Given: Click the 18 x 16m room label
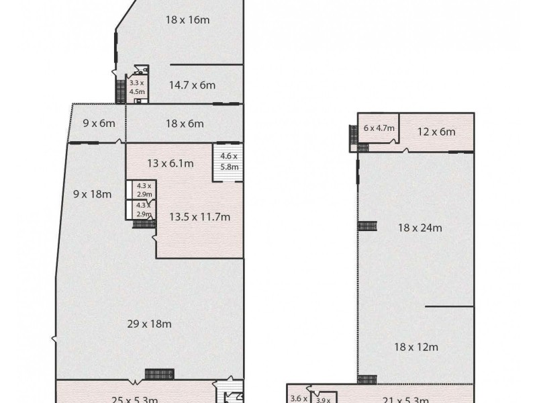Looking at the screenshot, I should (x=188, y=20).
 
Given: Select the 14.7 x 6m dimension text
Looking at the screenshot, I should (x=192, y=85).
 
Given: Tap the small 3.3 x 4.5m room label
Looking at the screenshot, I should (x=137, y=88).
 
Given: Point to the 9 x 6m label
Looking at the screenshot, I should (x=99, y=124).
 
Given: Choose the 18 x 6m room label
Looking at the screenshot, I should (x=184, y=124).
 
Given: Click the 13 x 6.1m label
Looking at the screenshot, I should (x=170, y=163).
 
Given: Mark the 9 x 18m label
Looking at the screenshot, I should (x=91, y=195).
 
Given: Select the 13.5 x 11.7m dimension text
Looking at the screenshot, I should (x=199, y=217).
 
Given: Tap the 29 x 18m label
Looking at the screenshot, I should (x=149, y=324).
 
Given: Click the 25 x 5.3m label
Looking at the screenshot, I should (x=134, y=399).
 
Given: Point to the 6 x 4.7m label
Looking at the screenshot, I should (x=379, y=128).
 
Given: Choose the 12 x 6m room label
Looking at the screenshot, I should (x=436, y=132).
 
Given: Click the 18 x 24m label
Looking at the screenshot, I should (x=420, y=228).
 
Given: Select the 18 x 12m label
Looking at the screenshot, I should (x=416, y=347).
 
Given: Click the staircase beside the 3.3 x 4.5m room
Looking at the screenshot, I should (x=121, y=91).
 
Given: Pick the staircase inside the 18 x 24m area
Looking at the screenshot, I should (x=367, y=226).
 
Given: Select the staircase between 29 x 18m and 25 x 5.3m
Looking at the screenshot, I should (x=160, y=373).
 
